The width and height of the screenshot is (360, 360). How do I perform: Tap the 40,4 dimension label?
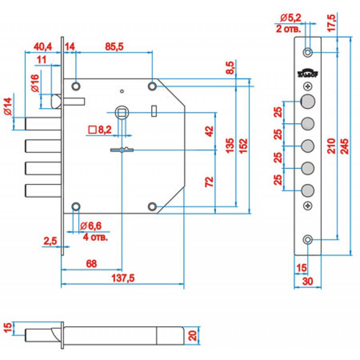pos(43,46)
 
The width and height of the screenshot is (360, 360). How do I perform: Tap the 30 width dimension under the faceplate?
pos(307,281)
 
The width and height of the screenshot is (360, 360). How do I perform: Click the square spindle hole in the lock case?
pos(122,112)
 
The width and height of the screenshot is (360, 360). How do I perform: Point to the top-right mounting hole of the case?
pos(152,85)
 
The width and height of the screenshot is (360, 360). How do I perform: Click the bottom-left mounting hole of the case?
pos(76,207)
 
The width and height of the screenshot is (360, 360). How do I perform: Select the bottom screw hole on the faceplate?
pos(307,239)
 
